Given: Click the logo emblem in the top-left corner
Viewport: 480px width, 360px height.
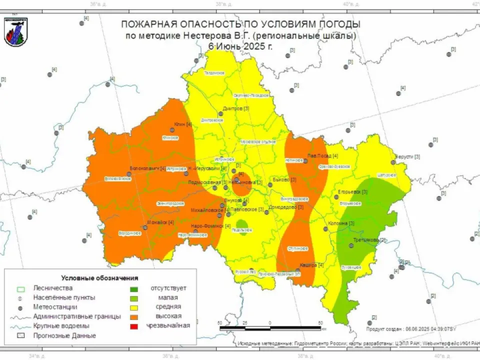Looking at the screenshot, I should coord(15,31).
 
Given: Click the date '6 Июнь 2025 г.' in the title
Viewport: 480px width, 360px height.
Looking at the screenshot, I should coord(240,46).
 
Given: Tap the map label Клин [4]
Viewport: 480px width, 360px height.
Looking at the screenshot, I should coord(183,124).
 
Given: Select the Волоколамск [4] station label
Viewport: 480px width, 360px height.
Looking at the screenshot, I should coord(147,168).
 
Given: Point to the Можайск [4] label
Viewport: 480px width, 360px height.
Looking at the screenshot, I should coord(160,222).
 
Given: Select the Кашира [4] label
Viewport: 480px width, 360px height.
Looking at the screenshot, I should coord(311,264).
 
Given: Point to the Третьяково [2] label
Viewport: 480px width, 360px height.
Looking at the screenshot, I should coord(369,240).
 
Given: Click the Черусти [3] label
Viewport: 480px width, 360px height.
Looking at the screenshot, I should coord(407,156).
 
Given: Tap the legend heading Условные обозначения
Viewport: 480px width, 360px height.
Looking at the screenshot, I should coord(99,278).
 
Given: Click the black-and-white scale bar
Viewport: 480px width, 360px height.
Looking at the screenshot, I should coord(270,328).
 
